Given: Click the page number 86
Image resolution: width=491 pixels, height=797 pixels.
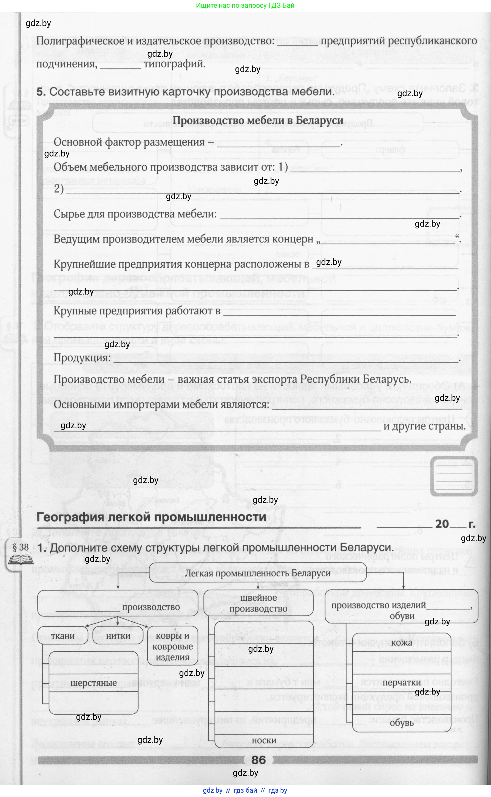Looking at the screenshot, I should (259, 760).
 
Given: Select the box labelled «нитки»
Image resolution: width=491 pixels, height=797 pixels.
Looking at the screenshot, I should (118, 635).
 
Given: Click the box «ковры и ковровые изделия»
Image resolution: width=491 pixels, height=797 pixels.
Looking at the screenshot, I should (172, 646).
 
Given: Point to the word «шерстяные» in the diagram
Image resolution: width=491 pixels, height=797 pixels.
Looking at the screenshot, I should (93, 683).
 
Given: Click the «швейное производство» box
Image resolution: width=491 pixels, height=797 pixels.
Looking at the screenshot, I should (259, 603).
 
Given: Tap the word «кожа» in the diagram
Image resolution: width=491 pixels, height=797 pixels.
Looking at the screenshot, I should (402, 642).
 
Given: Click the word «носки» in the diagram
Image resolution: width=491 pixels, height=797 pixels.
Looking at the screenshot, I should (264, 740).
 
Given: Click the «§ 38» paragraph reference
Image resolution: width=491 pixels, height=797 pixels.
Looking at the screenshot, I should (21, 547).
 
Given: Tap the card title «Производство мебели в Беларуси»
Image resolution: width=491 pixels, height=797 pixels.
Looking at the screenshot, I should (258, 120).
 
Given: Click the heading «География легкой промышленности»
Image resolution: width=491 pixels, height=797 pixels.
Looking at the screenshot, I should (151, 517).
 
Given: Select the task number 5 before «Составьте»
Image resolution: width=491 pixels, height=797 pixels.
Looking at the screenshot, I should (41, 92).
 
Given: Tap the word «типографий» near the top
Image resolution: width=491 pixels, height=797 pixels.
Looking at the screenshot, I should (174, 64).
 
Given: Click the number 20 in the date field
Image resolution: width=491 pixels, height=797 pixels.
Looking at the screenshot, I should (442, 524).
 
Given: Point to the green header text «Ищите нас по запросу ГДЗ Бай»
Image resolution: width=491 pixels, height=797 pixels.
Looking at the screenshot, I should (245, 5).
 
